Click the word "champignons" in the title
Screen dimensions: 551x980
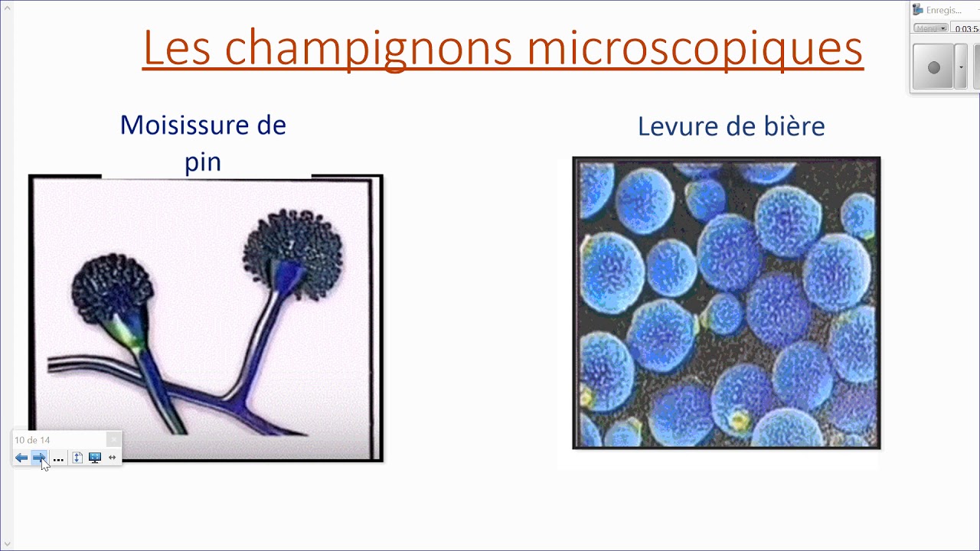(368, 47)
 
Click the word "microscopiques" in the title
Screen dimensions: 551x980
(694, 47)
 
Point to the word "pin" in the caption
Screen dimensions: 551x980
(203, 161)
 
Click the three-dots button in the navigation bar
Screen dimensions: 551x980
(58, 458)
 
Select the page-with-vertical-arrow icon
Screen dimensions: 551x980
(77, 458)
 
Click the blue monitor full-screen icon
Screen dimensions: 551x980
(95, 458)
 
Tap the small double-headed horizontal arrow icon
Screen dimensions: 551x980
(112, 458)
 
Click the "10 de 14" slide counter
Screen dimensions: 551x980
(32, 440)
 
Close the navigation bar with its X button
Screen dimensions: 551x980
(113, 439)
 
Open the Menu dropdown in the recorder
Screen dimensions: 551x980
(931, 28)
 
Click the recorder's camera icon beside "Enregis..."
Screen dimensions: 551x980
(918, 10)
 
